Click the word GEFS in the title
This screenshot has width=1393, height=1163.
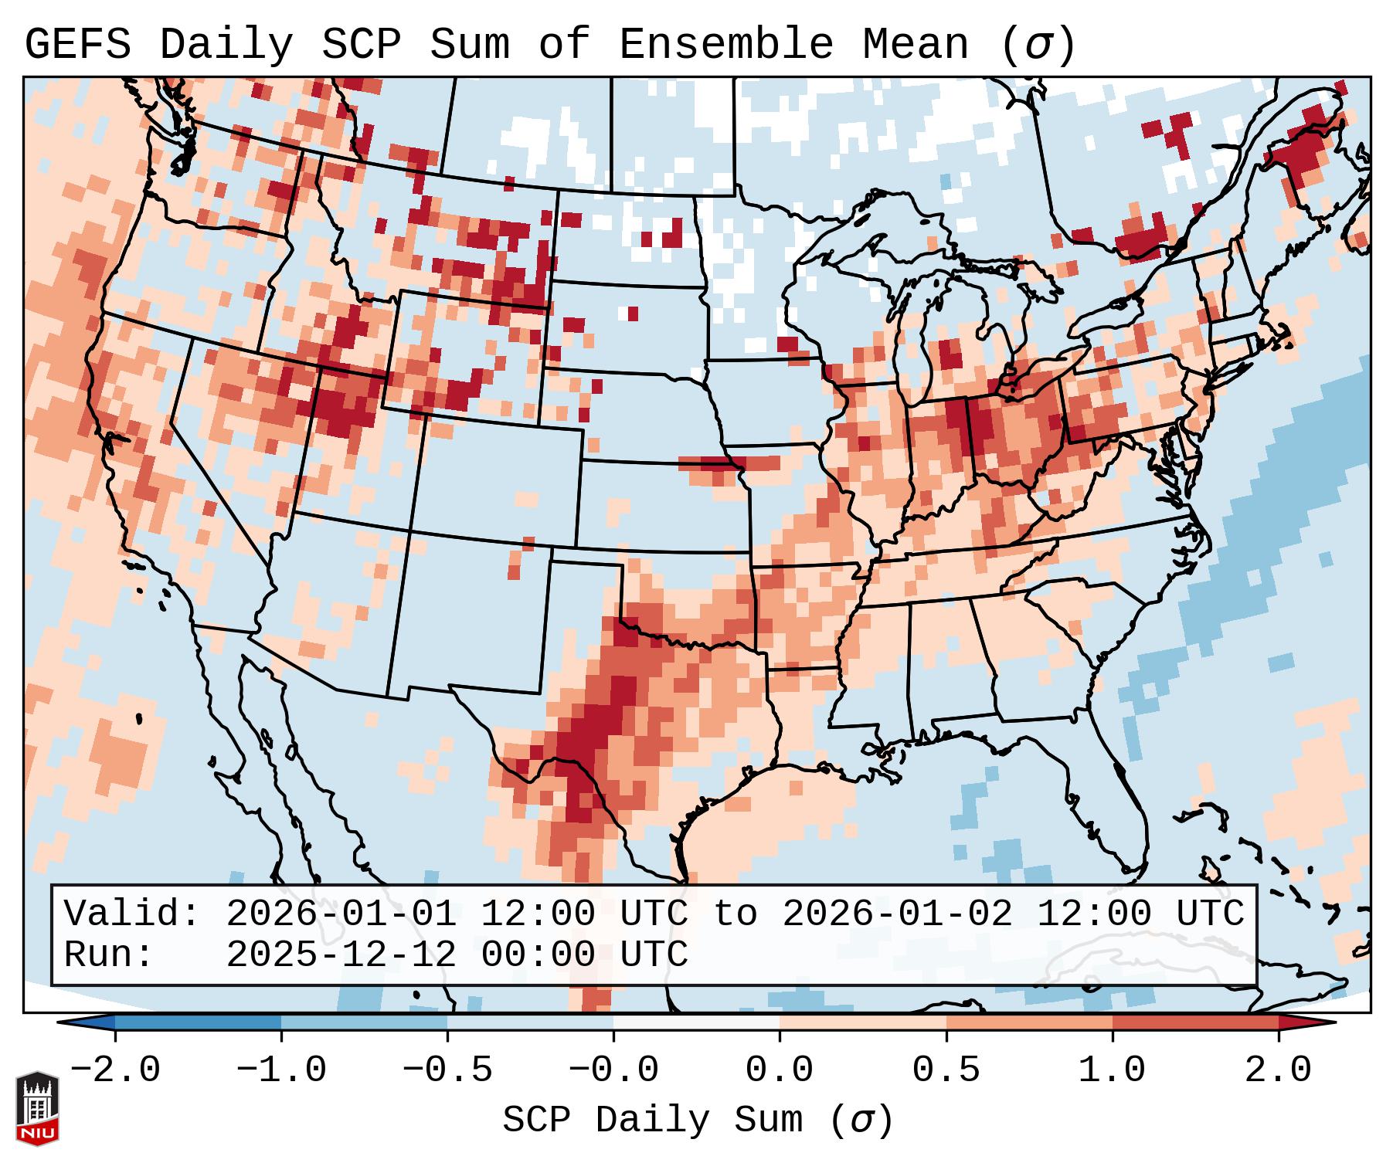(x=77, y=45)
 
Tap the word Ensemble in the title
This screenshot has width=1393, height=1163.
(x=725, y=45)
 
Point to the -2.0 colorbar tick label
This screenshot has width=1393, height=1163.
(x=115, y=1070)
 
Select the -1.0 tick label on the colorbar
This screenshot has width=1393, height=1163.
(x=281, y=1070)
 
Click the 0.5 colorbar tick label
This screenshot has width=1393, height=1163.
(x=946, y=1070)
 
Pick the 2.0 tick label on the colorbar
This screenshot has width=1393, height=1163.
(x=1278, y=1070)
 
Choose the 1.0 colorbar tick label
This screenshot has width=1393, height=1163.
(x=1112, y=1070)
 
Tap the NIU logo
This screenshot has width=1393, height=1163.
(x=37, y=1108)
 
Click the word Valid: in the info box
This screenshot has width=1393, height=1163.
(x=132, y=914)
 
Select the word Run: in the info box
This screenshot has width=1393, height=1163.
(x=109, y=954)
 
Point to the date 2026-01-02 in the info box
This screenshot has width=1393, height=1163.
(x=897, y=914)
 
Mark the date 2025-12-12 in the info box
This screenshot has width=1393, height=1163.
(x=341, y=954)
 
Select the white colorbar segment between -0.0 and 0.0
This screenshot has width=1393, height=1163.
(x=696, y=1022)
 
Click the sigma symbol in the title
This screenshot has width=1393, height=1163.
(x=1038, y=45)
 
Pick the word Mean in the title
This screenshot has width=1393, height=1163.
(x=915, y=45)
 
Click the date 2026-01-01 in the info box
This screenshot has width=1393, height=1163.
(x=341, y=914)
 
